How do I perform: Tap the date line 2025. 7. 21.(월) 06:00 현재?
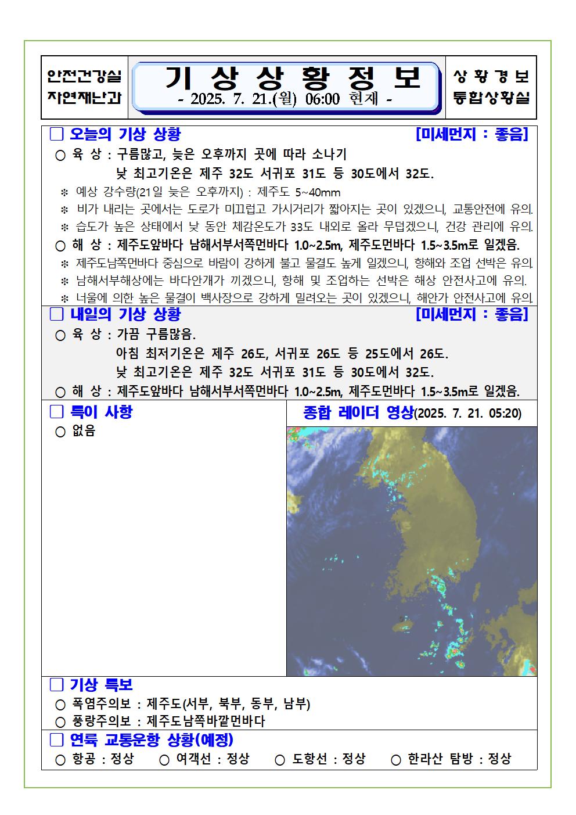285,99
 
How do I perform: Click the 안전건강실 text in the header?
84,77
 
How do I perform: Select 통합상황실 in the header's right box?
491,98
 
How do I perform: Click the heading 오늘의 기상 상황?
125,135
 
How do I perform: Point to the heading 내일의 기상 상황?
125,314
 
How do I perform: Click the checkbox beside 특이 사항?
56,412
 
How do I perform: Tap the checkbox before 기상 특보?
56,685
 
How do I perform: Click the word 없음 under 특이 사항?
84,431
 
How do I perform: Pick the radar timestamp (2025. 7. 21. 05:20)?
468,414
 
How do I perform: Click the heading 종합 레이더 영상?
358,413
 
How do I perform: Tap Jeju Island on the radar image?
404,626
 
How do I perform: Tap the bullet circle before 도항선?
280,759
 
